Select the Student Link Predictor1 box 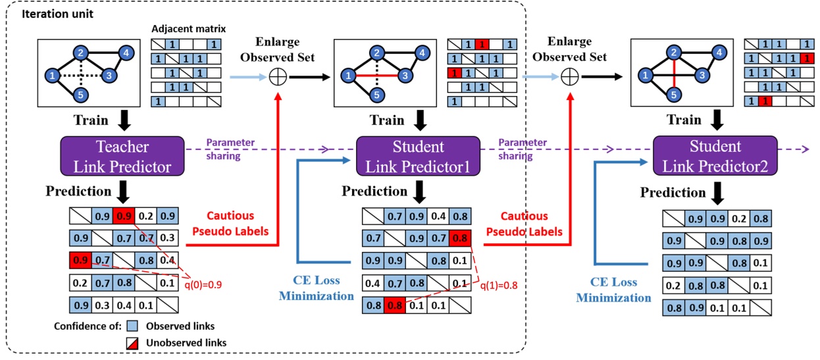pos(418,156)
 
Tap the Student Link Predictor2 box pos(715,156)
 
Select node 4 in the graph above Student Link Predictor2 pos(721,51)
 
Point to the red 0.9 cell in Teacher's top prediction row pos(124,215)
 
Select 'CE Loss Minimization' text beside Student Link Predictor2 pos(614,290)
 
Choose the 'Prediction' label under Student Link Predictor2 pos(672,192)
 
